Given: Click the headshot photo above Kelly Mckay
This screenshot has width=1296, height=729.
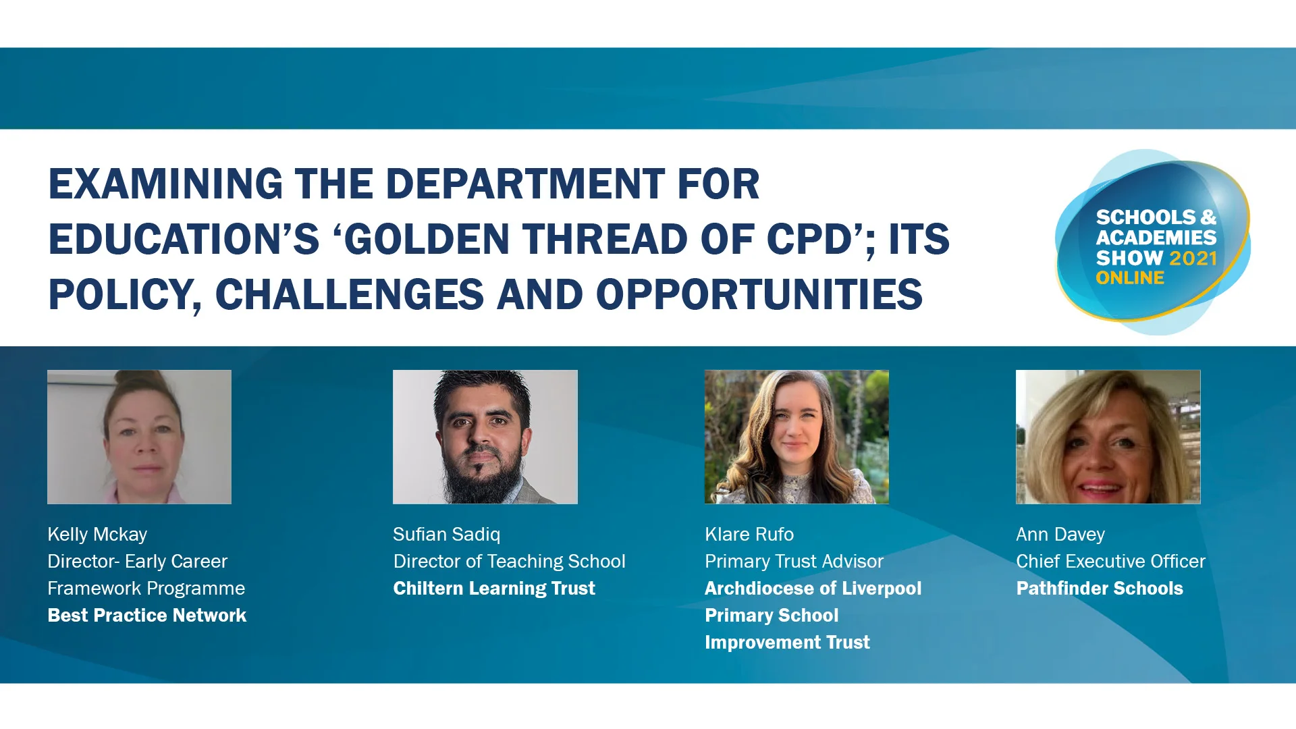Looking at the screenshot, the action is pos(139,437).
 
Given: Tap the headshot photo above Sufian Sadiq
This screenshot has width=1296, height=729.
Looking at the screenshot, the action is pos(485,437).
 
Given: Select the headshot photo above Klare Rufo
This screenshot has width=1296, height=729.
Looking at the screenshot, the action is pos(796,437).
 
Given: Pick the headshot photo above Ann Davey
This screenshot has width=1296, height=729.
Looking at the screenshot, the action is pos(1108,437).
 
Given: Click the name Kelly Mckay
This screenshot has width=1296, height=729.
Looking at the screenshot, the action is pos(97,535).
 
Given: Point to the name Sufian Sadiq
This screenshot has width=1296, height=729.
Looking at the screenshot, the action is pos(447,535).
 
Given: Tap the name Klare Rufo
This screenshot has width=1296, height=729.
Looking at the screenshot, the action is pos(749,535).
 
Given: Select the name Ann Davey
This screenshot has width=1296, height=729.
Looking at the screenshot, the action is pos(1060,535).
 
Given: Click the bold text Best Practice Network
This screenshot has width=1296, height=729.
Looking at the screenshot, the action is pos(147,616).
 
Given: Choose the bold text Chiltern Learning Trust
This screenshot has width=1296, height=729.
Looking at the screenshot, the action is pos(494,589).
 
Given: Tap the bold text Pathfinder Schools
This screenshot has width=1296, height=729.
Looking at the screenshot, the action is pos(1100,589).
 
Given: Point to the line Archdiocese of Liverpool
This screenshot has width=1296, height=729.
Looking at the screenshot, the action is pos(813,589).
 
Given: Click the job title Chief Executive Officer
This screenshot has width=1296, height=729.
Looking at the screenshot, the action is pos(1110,562).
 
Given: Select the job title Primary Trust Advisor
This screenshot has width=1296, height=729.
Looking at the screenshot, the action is pos(794,562).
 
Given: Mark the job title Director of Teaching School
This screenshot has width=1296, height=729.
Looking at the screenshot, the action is pos(509,562).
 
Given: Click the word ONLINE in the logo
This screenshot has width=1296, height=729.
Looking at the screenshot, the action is pos(1130,278).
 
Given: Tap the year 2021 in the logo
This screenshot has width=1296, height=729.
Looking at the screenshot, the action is pos(1193,258).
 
